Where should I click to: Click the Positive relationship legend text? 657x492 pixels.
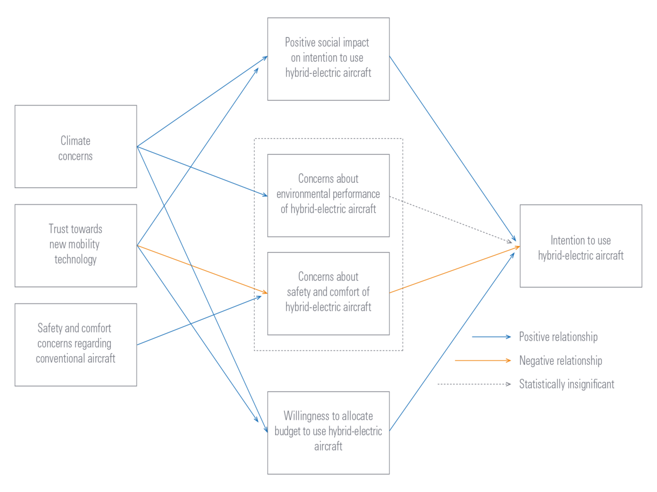(x=558, y=337)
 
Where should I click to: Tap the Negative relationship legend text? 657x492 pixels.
(x=561, y=361)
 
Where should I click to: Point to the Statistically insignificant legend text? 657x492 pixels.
(x=566, y=384)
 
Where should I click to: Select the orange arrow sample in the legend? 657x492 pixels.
(x=482, y=361)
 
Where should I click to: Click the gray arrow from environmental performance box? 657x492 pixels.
(x=452, y=219)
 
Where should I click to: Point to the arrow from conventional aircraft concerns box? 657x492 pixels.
(x=200, y=320)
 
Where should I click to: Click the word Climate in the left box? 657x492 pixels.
(x=75, y=141)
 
